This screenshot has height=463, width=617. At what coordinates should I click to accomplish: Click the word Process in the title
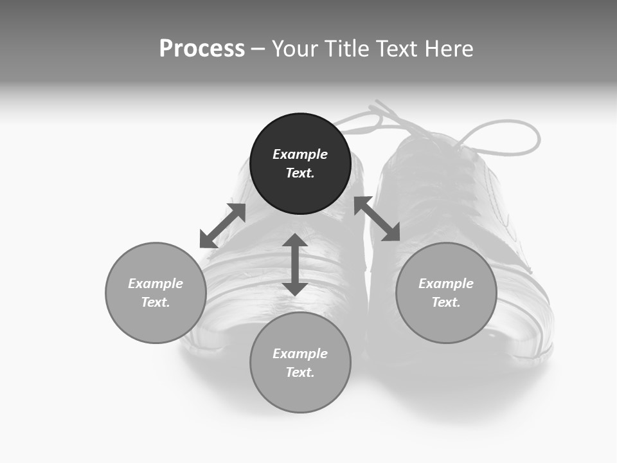[x=202, y=49]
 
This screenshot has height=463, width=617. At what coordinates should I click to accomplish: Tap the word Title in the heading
[x=346, y=49]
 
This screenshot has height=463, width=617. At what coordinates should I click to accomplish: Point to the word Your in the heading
[x=296, y=49]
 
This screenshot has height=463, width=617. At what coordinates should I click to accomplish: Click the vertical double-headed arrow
[x=295, y=265]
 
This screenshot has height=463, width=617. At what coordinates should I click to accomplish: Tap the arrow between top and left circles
[x=222, y=226]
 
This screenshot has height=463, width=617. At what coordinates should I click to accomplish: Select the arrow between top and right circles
[x=377, y=219]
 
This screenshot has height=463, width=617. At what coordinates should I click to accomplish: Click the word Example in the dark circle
[x=300, y=154]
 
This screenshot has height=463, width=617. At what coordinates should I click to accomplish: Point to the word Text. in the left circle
[x=156, y=302]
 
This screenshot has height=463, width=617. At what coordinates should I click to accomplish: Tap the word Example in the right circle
[x=446, y=284]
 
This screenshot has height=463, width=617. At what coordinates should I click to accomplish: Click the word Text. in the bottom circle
[x=300, y=372]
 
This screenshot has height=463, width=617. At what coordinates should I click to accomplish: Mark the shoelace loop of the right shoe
[x=508, y=138]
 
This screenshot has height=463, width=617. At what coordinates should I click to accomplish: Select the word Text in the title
[x=396, y=49]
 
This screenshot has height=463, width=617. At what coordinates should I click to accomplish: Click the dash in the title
[x=258, y=49]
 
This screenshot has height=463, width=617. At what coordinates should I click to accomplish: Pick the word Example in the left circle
[x=156, y=284]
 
